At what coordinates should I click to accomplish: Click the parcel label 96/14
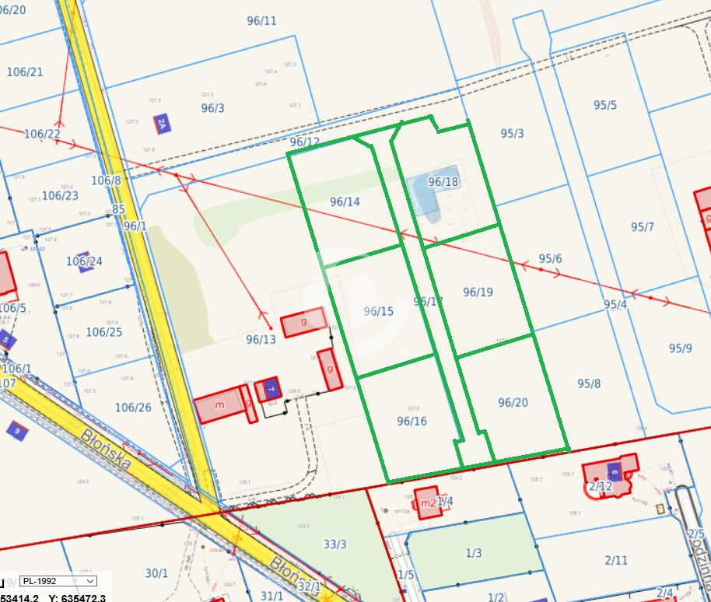(x=345, y=201)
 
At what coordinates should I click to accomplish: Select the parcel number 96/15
(x=379, y=311)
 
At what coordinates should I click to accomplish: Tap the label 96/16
(x=412, y=421)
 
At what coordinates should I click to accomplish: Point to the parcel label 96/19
(x=478, y=292)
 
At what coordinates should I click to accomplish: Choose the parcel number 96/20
(x=513, y=402)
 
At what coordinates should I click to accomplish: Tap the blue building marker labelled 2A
(x=162, y=123)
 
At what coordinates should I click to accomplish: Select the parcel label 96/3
(x=212, y=108)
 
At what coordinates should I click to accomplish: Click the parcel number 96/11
(x=261, y=21)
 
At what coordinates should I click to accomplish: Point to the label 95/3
(x=512, y=133)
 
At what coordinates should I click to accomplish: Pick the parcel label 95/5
(x=604, y=105)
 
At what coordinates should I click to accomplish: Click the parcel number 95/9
(x=680, y=348)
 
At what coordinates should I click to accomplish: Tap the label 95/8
(x=589, y=383)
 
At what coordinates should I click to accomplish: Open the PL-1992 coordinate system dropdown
(x=58, y=581)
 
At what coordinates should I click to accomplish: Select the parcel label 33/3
(x=334, y=544)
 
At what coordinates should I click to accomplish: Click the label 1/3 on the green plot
(x=473, y=553)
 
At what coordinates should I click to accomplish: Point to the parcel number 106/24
(x=84, y=261)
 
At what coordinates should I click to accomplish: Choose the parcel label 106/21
(x=25, y=72)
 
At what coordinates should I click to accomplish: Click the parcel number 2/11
(x=615, y=559)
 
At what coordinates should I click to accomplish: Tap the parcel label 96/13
(x=261, y=339)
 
